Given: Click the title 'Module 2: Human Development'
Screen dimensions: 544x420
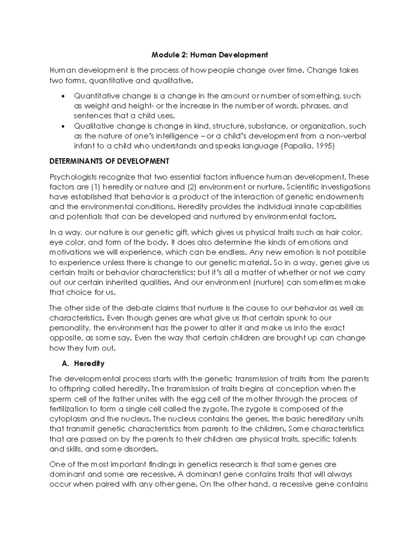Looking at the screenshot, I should [x=209, y=55].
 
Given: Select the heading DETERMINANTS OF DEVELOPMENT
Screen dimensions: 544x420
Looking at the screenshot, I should [x=109, y=161].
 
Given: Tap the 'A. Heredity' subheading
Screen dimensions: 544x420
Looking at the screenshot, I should [x=83, y=364].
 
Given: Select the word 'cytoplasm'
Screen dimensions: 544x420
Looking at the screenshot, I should [x=69, y=419].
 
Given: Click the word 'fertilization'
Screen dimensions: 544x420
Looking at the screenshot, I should [x=69, y=409].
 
